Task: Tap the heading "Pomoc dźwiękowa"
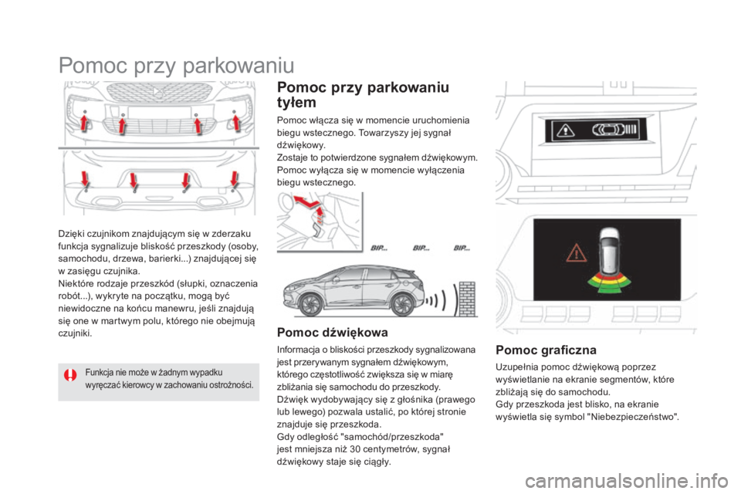(x=332, y=335)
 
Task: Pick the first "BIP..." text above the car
(x=381, y=249)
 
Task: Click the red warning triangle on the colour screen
(x=575, y=252)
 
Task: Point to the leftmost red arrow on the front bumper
(x=83, y=121)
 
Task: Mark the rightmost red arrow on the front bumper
(x=235, y=121)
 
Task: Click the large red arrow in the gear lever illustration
(x=313, y=206)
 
